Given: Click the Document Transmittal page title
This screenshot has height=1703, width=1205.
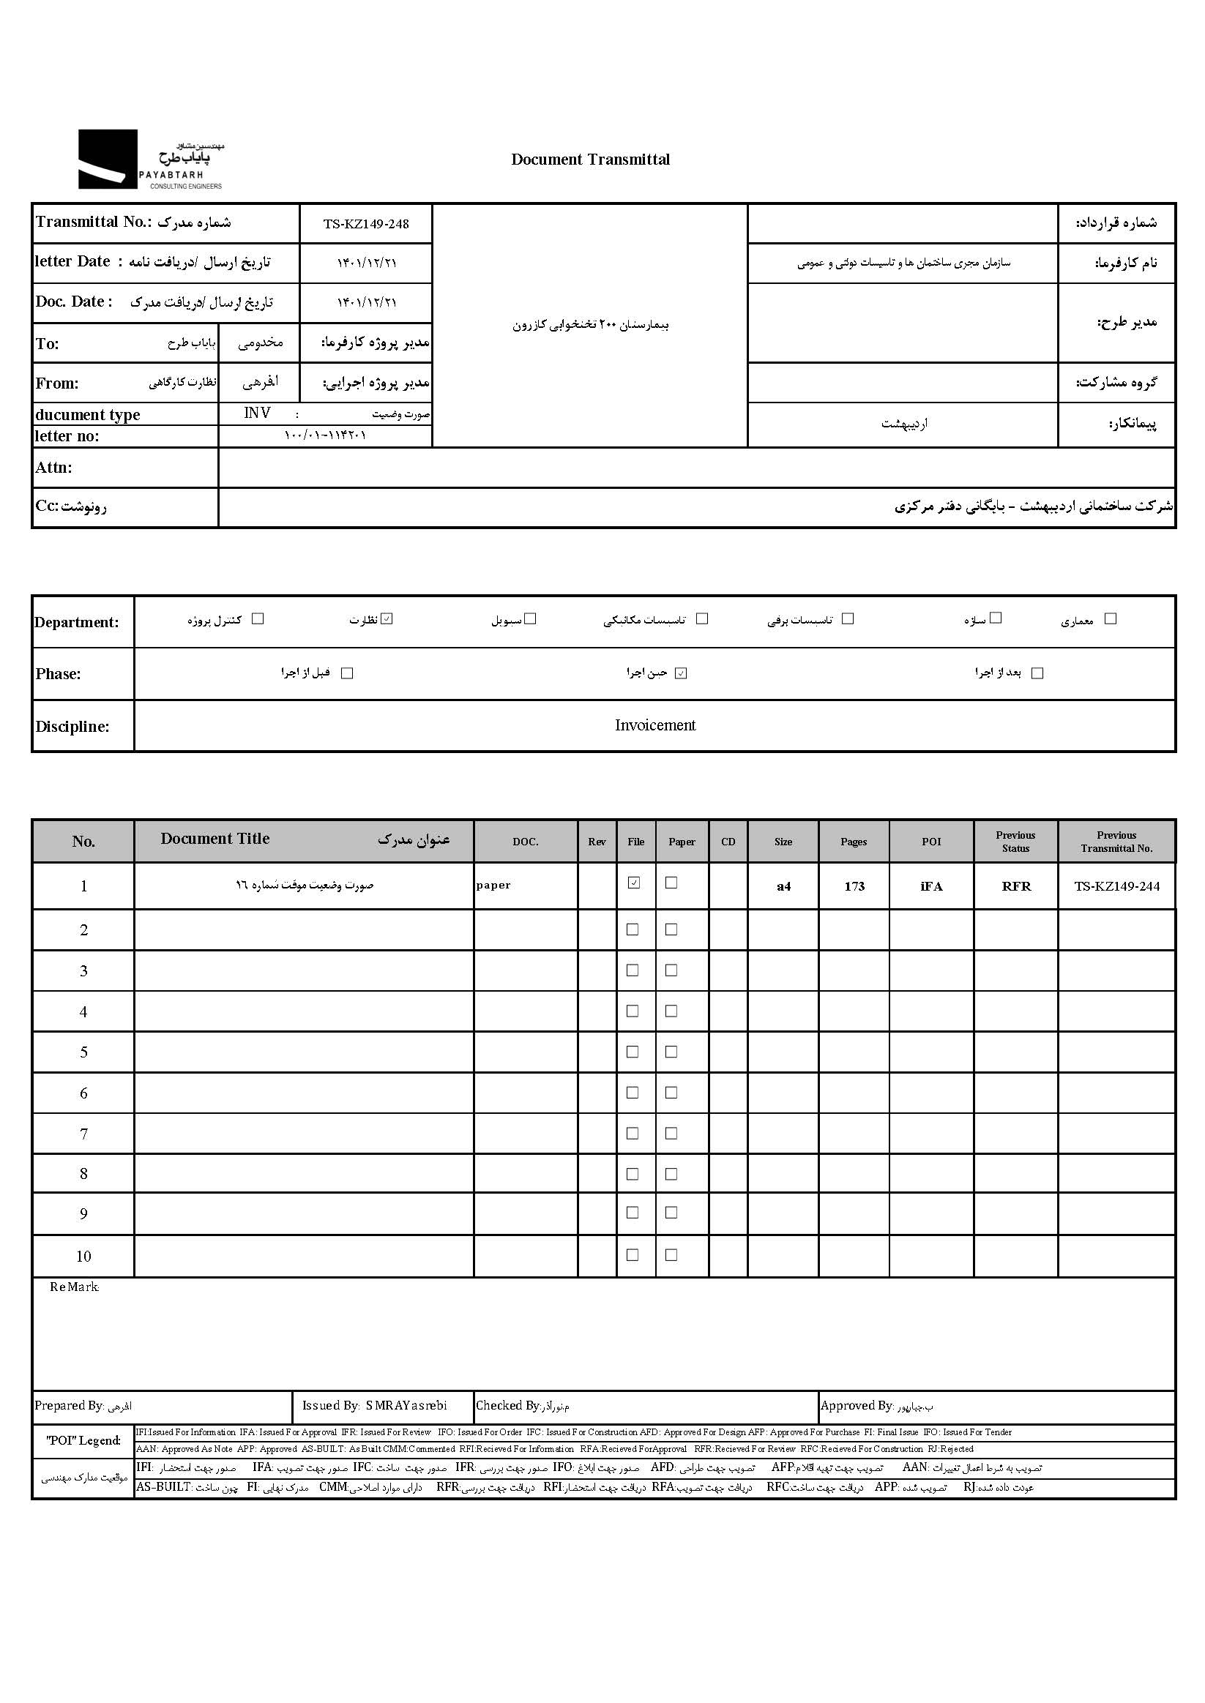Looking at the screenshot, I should pyautogui.click(x=590, y=160).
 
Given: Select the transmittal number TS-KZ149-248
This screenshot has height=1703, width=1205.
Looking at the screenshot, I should pyautogui.click(x=366, y=224).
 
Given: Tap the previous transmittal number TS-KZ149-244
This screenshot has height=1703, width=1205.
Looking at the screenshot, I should pyautogui.click(x=1116, y=886).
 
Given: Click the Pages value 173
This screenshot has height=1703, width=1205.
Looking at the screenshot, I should pyautogui.click(x=854, y=886).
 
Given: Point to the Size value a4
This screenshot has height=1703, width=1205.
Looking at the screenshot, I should pyautogui.click(x=783, y=886).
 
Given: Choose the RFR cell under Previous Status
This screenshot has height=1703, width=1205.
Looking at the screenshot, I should pyautogui.click(x=1016, y=886).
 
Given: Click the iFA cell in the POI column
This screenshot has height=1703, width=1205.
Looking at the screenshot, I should pyautogui.click(x=931, y=886).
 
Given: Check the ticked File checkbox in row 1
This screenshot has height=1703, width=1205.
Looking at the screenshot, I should pyautogui.click(x=634, y=883).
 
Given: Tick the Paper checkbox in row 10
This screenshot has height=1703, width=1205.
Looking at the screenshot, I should pyautogui.click(x=671, y=1255).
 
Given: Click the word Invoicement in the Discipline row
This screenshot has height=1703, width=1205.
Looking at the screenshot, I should pyautogui.click(x=655, y=725).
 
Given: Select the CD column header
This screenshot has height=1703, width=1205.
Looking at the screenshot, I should pyautogui.click(x=728, y=842).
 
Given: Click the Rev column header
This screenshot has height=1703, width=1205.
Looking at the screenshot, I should pyautogui.click(x=597, y=842).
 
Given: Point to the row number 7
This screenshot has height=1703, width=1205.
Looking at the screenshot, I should pyautogui.click(x=84, y=1134).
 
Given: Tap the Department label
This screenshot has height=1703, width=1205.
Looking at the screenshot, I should pyautogui.click(x=76, y=622).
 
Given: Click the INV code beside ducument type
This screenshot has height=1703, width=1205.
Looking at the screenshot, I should pyautogui.click(x=258, y=413).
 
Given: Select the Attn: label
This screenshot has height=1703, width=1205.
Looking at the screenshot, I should pyautogui.click(x=53, y=468).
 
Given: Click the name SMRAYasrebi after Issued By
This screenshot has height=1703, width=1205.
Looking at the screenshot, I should pyautogui.click(x=406, y=1406).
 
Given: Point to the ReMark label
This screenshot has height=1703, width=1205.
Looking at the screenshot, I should pyautogui.click(x=74, y=1287).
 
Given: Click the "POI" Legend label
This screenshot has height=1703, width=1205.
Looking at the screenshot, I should pyautogui.click(x=83, y=1440).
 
